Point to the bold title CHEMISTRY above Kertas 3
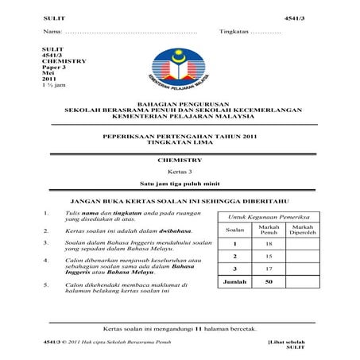pyautogui.click(x=180, y=161)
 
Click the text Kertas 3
pyautogui.click(x=180, y=172)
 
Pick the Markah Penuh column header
pyautogui.click(x=269, y=230)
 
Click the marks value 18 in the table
pyautogui.click(x=269, y=244)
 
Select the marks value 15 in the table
pyautogui.click(x=269, y=257)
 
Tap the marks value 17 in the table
pyautogui.click(x=269, y=269)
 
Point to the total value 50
pyautogui.click(x=269, y=282)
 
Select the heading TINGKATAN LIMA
pyautogui.click(x=180, y=143)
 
